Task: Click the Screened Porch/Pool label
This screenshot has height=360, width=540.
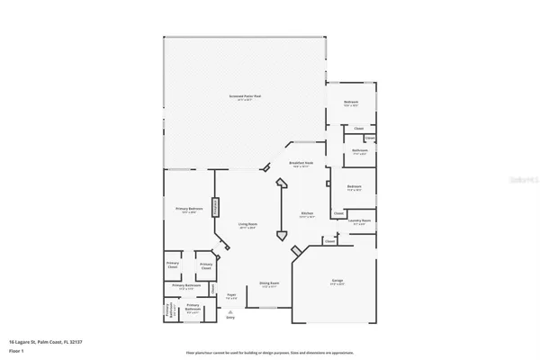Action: (244, 96)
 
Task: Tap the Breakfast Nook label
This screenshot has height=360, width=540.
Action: (300, 164)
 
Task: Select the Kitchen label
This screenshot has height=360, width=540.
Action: (307, 215)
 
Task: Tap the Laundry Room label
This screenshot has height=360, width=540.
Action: (360, 220)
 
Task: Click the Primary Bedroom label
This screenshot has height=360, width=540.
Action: (189, 210)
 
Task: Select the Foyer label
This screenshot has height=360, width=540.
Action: (230, 294)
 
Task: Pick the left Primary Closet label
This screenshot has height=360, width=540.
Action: (172, 265)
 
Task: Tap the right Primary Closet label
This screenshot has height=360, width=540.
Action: (205, 265)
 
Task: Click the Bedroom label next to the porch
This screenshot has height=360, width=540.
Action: (351, 103)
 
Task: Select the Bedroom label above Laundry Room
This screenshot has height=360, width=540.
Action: (355, 189)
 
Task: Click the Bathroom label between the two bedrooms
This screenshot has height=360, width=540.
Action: (359, 151)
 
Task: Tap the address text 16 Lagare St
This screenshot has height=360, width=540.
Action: (45, 341)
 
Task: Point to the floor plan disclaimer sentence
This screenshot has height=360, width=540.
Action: (269, 352)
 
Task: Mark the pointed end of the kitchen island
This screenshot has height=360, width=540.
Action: (283, 239)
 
